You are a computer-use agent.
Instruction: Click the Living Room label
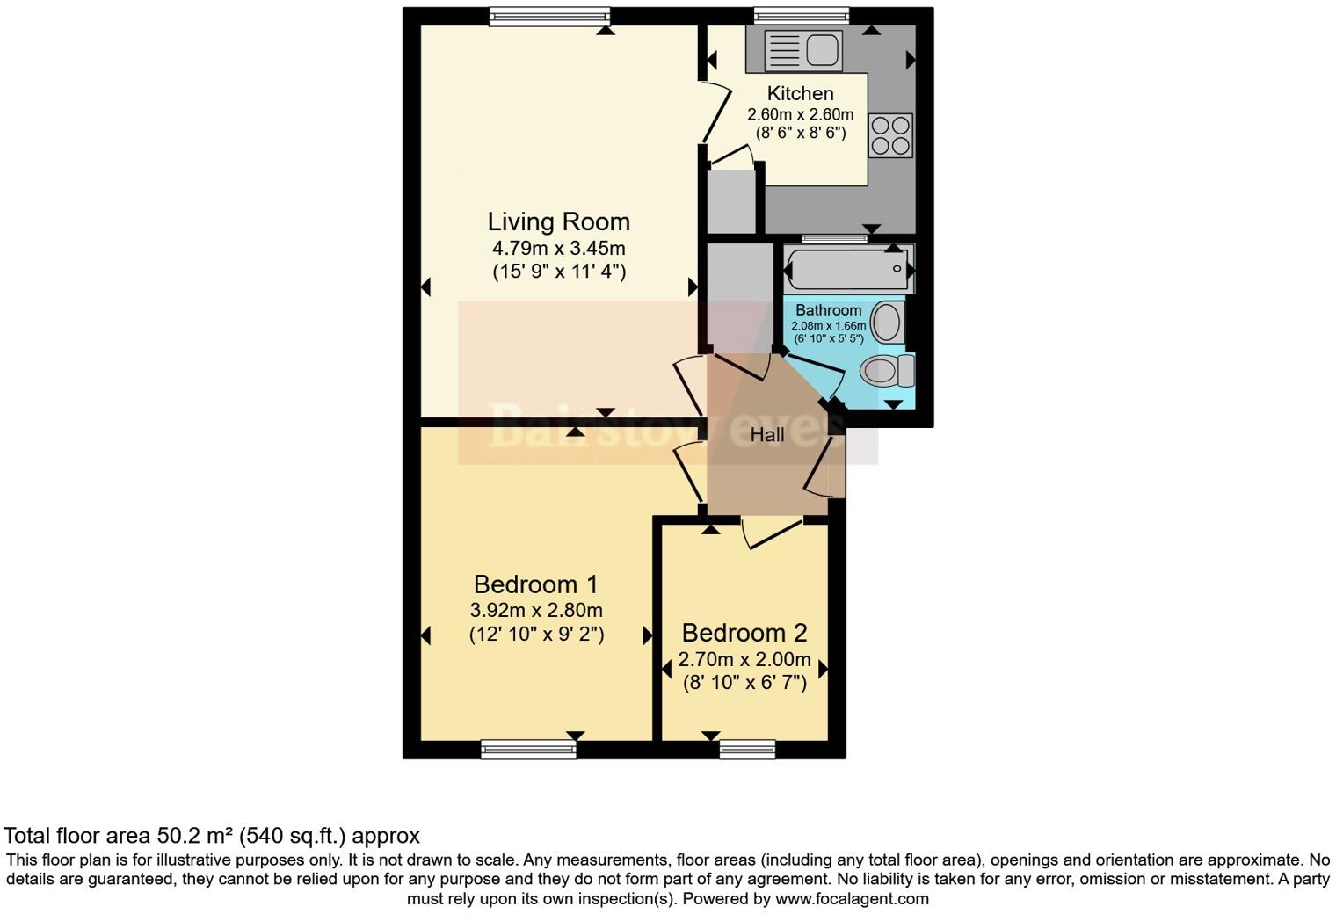558,221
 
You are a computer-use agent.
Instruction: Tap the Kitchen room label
800,93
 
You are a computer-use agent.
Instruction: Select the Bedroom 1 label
535,584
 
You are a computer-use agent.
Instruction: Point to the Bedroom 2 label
744,633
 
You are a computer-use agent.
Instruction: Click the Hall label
766,435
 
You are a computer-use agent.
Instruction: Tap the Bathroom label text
828,310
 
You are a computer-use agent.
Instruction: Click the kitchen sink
802,49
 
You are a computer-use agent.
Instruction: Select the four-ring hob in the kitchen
889,135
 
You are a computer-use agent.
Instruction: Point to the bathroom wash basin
887,323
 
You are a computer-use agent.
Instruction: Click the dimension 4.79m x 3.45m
558,249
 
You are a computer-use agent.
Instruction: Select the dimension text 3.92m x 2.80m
536,610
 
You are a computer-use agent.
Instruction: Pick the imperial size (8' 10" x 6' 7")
744,682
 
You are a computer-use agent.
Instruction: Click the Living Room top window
548,16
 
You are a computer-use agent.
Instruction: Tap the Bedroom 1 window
528,749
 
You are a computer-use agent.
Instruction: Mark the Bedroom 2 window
746,749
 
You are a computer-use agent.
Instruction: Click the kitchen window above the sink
801,16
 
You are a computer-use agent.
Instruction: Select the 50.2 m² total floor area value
195,836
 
